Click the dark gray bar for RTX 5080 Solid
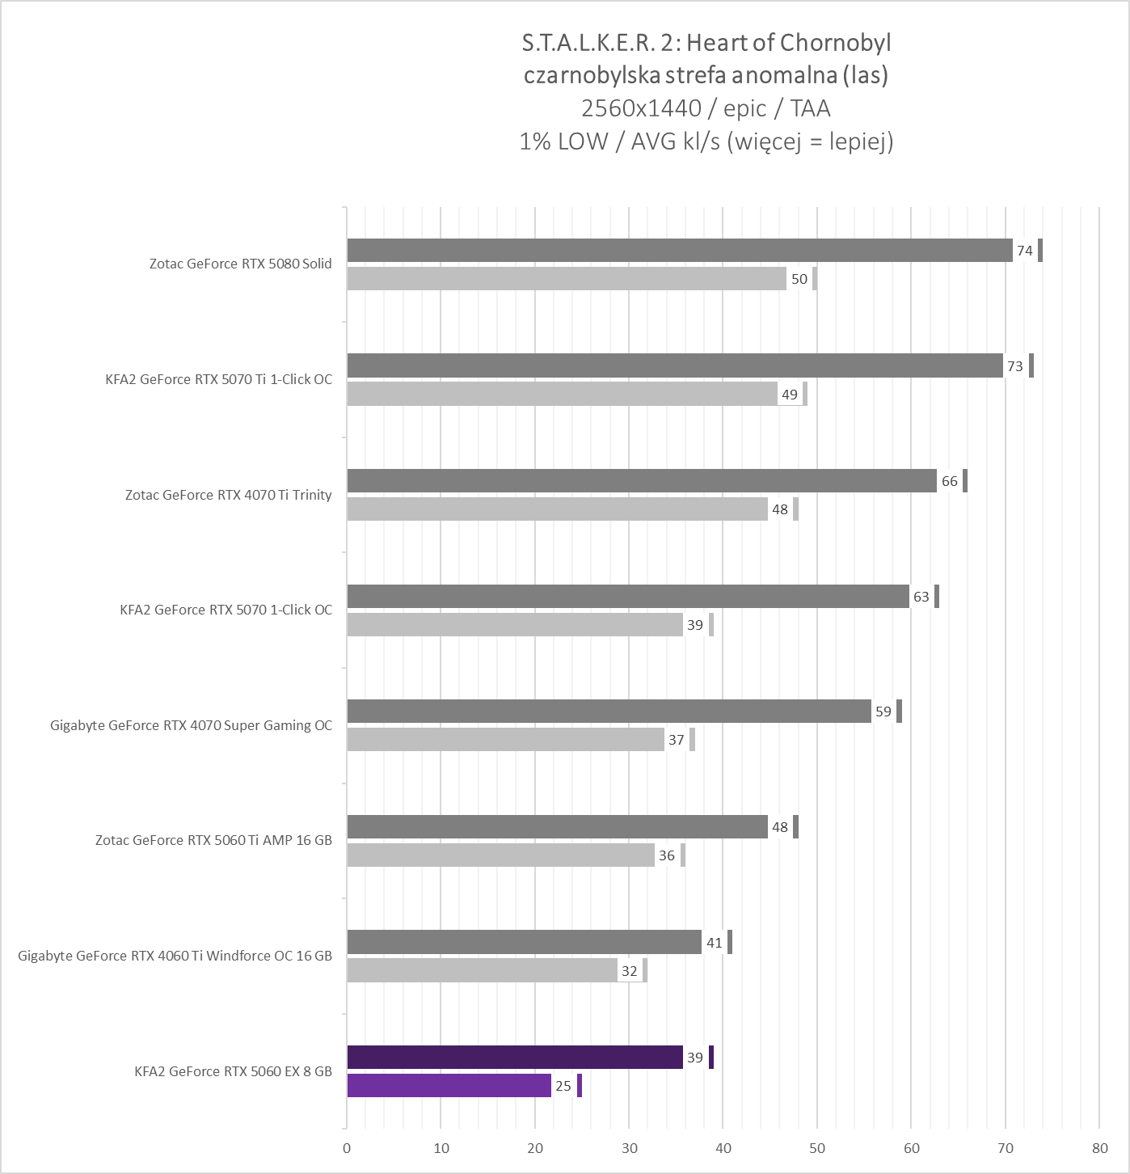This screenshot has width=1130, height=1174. (x=679, y=251)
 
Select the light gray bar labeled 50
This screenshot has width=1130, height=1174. (x=566, y=279)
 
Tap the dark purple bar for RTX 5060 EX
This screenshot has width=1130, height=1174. (x=515, y=1058)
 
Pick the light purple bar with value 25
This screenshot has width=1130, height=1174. (x=449, y=1086)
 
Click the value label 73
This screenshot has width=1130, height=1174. (x=1014, y=366)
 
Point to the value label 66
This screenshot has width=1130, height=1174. (x=949, y=481)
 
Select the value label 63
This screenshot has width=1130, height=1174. (x=921, y=597)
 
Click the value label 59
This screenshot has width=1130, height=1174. (x=883, y=712)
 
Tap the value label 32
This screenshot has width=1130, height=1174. (x=629, y=971)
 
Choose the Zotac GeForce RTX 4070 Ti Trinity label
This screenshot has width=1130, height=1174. (x=228, y=495)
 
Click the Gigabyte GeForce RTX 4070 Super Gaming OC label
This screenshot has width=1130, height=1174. (x=191, y=725)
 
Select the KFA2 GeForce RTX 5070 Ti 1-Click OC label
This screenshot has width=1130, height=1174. (x=218, y=379)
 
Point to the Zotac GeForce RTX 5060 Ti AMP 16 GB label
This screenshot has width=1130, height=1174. (x=213, y=840)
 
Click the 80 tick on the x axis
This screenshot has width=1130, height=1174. (x=1098, y=1148)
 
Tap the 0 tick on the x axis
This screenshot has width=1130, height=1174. (x=347, y=1148)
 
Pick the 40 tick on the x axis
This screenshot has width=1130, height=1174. (x=723, y=1148)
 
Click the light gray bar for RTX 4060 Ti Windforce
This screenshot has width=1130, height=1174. (x=482, y=971)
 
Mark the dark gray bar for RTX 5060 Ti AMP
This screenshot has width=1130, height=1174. (x=557, y=827)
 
